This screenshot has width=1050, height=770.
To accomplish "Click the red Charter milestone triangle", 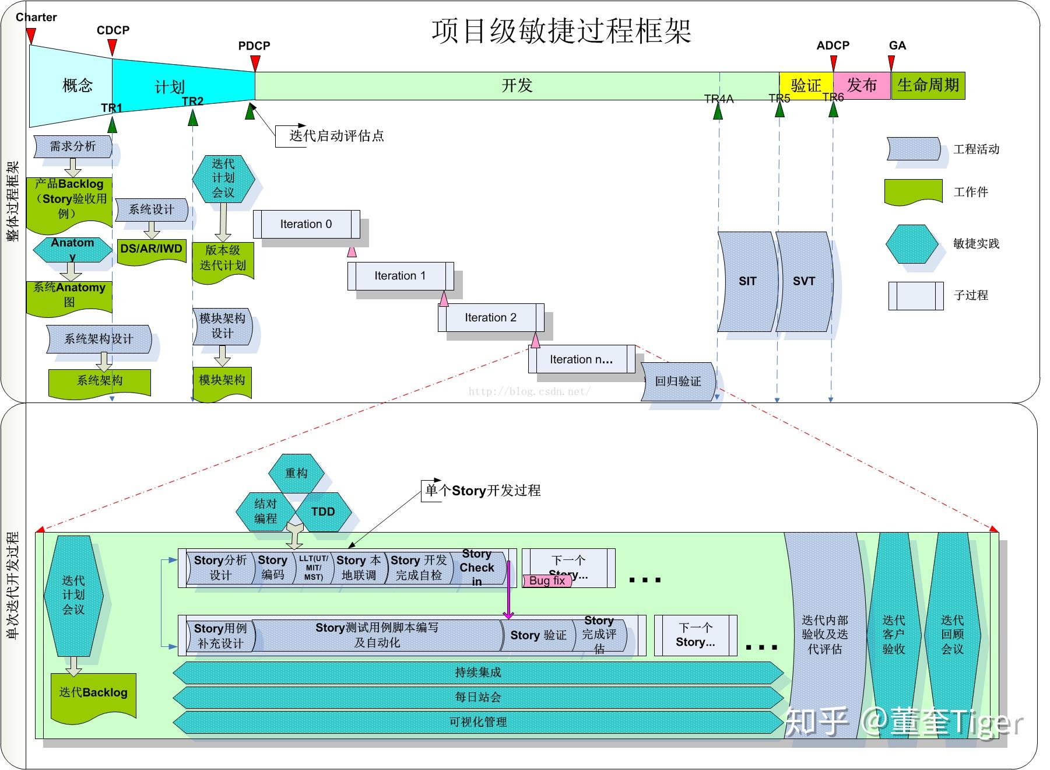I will coord(31,36).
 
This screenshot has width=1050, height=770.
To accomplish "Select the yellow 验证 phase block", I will coord(805,86).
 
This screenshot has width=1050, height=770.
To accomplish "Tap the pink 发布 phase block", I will coord(861,86).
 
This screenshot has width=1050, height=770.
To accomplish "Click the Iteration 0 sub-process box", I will coord(306,225).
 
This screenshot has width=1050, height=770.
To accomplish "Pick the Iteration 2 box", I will coord(490,318).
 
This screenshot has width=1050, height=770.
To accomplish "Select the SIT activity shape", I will coord(747,282).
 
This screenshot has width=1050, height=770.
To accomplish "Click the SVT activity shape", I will coord(803,282).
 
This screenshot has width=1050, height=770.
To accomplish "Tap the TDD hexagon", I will coord(323,512).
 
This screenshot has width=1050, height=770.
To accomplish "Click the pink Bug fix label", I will coord(547,581).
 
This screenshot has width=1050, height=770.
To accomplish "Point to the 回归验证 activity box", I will coord(677,381).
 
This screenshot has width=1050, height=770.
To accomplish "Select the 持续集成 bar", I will coord(478,673).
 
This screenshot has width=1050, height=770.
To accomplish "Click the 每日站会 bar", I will coord(478,697).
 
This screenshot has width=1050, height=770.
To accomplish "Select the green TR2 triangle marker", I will coord(193,117).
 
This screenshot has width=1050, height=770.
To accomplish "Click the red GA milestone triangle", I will coord(891,62).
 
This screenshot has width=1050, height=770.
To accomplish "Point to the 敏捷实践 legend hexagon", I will coord(911,244).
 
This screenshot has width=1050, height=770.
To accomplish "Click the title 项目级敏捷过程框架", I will coord(561,30).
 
